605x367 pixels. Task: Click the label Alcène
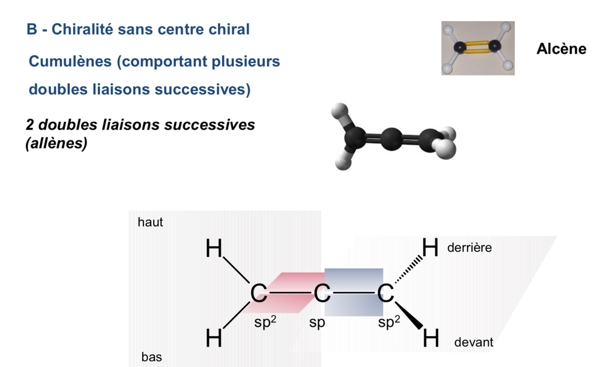[561, 49]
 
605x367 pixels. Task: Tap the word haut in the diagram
[151, 222]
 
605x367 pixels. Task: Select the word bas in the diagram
[151, 357]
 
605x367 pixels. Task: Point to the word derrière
[469, 248]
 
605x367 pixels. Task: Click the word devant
[474, 342]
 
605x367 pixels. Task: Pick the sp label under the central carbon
[317, 323]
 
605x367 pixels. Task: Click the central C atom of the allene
[322, 294]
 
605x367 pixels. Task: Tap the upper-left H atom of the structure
[214, 248]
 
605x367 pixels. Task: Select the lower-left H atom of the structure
[214, 339]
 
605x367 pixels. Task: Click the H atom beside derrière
[430, 248]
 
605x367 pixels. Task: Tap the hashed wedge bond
[407, 271]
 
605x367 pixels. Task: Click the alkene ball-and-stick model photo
[478, 48]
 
